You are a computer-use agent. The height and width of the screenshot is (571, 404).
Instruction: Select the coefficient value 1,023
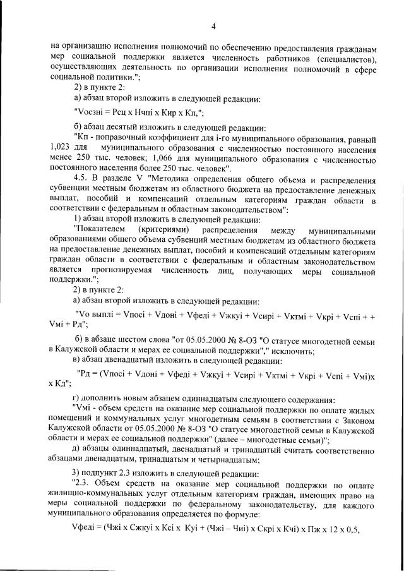(59, 147)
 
